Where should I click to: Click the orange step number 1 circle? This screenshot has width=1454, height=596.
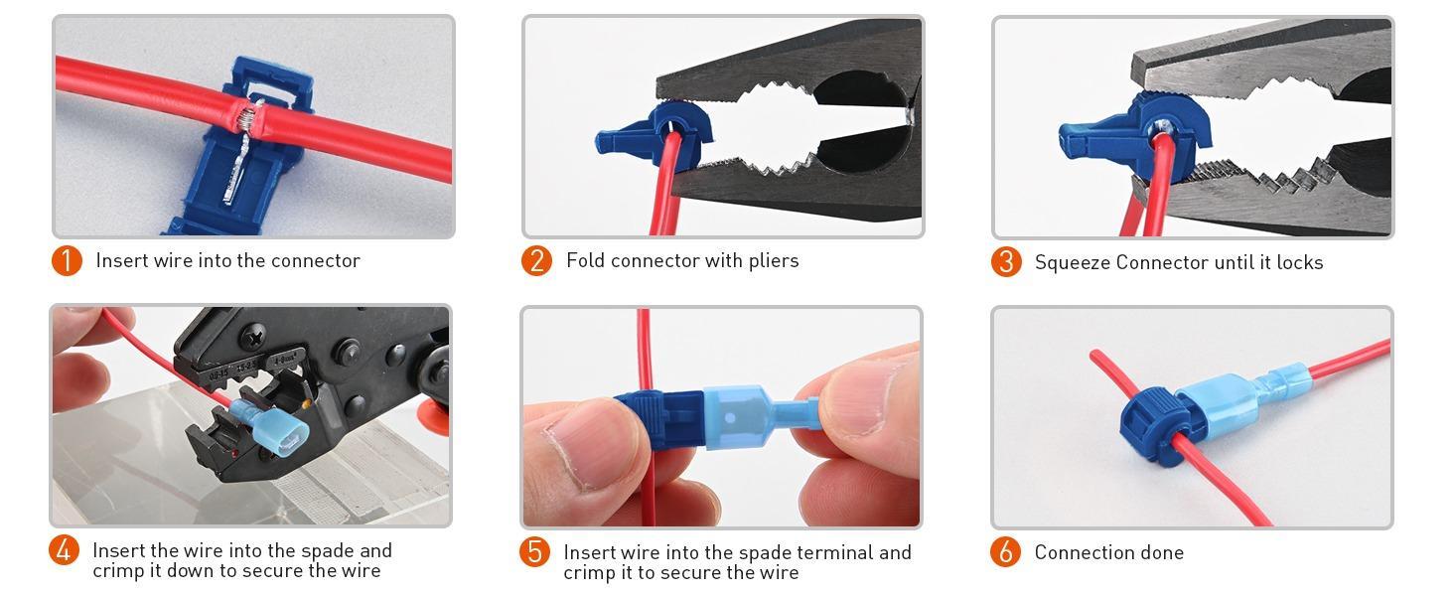(67, 260)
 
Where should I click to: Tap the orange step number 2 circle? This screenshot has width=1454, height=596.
(536, 260)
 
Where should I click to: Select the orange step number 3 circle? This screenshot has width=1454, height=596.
(1006, 261)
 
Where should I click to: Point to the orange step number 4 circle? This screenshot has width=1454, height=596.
(65, 549)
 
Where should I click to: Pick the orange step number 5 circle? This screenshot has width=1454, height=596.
(535, 551)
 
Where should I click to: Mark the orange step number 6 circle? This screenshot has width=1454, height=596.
(1005, 551)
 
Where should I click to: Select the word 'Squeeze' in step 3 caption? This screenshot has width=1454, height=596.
(1072, 262)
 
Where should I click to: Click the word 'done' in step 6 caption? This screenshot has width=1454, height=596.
(1161, 552)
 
